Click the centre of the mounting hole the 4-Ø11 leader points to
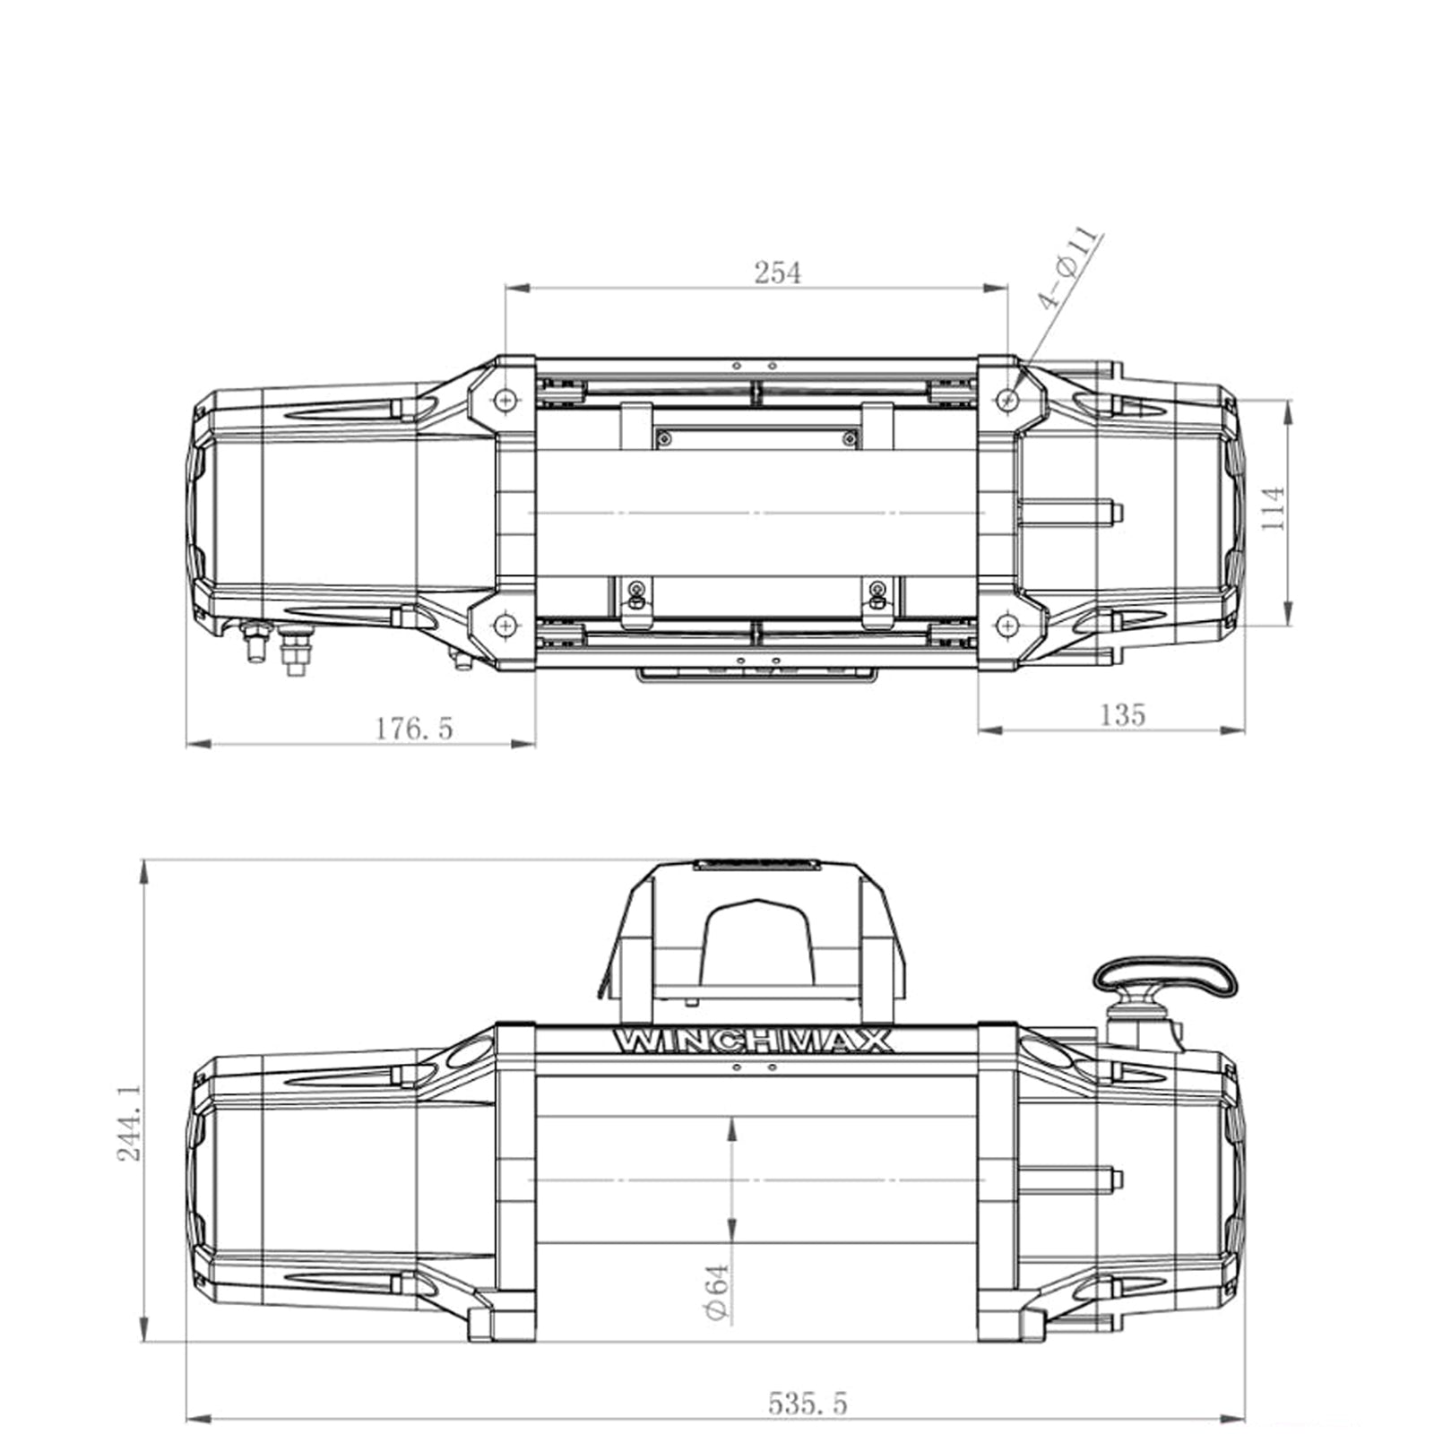pos(1009,397)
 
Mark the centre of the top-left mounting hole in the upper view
pos(506,398)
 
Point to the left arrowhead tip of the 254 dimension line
pos(506,289)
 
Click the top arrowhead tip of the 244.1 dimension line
pos(144,860)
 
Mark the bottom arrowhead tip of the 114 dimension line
pos(1288,625)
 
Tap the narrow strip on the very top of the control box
pos(757,864)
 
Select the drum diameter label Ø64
pos(716,1291)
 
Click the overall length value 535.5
pos(807,1402)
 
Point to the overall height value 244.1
pos(130,1122)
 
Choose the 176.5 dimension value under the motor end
pos(414,728)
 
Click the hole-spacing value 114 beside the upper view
pos(1273,507)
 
